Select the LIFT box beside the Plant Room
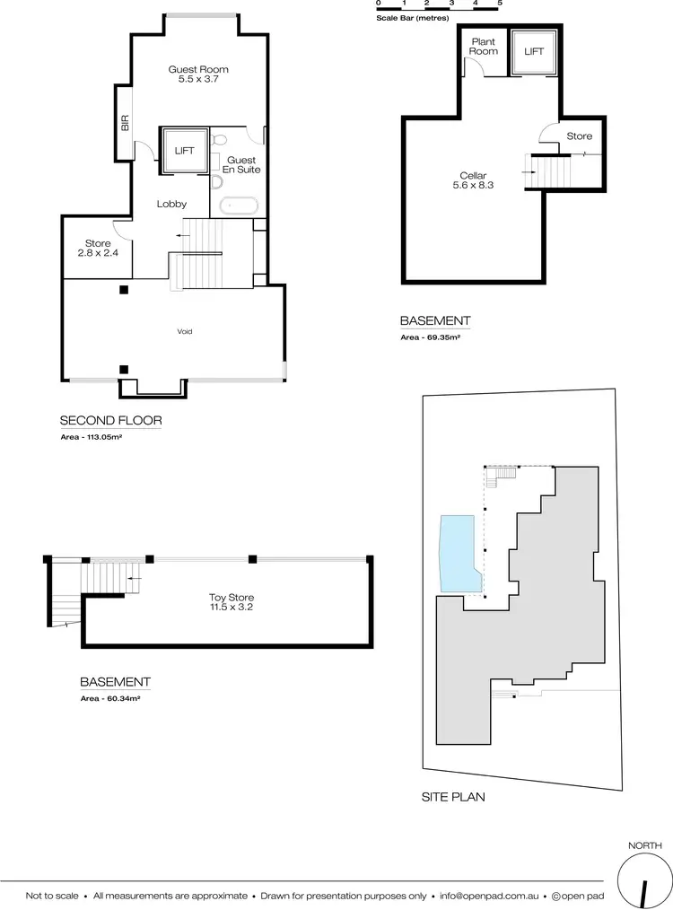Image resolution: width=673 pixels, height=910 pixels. tap(534, 51)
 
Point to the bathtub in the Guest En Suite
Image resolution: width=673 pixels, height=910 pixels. tap(240, 205)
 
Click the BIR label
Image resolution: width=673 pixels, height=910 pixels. tap(125, 124)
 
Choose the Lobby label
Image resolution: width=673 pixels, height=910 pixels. tap(170, 204)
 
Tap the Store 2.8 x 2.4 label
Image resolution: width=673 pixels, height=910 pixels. tap(99, 248)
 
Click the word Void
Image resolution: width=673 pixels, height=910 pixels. tap(184, 331)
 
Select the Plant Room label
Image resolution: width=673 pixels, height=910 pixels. tap(483, 47)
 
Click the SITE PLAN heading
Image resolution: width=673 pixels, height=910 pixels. tap(453, 796)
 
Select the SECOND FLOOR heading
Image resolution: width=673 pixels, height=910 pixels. tap(110, 420)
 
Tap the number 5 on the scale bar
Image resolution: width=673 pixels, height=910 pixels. tap(500, 4)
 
